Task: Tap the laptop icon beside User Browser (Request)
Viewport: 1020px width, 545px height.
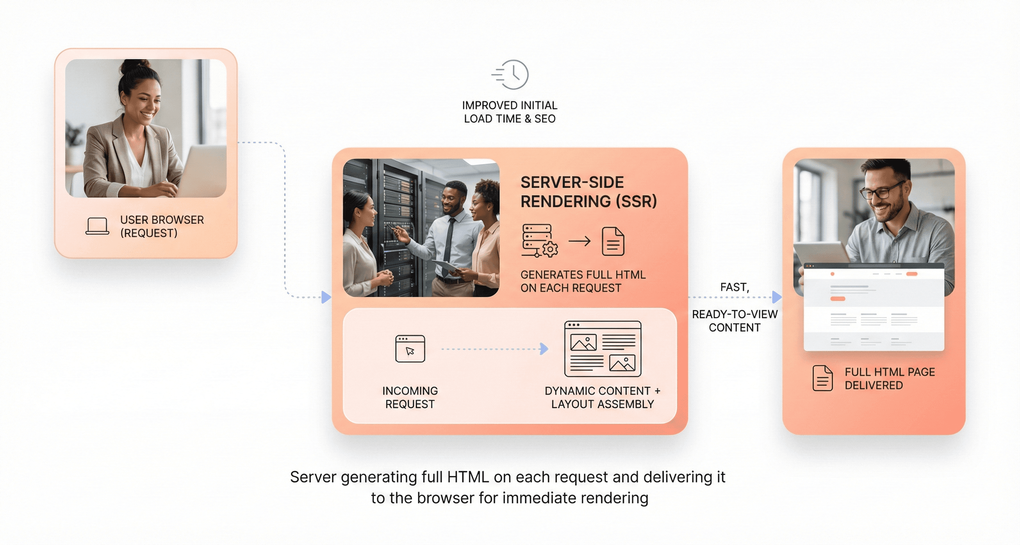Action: pos(97,226)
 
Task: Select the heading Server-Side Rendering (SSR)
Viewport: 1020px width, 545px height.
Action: pos(588,192)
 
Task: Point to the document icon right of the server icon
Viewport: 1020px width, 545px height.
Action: pos(613,241)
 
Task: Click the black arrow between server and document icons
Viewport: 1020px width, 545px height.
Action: pos(580,241)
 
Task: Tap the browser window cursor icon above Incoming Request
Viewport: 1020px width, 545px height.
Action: pos(410,349)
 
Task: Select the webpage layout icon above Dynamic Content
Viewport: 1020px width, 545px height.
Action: pos(602,349)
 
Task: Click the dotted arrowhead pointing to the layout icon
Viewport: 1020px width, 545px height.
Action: pos(544,349)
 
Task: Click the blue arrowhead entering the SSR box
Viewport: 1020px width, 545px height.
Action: pos(326,297)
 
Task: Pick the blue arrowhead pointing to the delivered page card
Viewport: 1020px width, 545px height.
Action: pos(777,297)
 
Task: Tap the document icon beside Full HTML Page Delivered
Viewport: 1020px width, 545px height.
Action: pos(823,378)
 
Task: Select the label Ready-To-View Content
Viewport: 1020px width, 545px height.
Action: pos(735,321)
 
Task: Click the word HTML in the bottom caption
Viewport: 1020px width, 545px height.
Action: pos(468,477)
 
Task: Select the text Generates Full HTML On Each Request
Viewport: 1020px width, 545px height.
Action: pos(583,281)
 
